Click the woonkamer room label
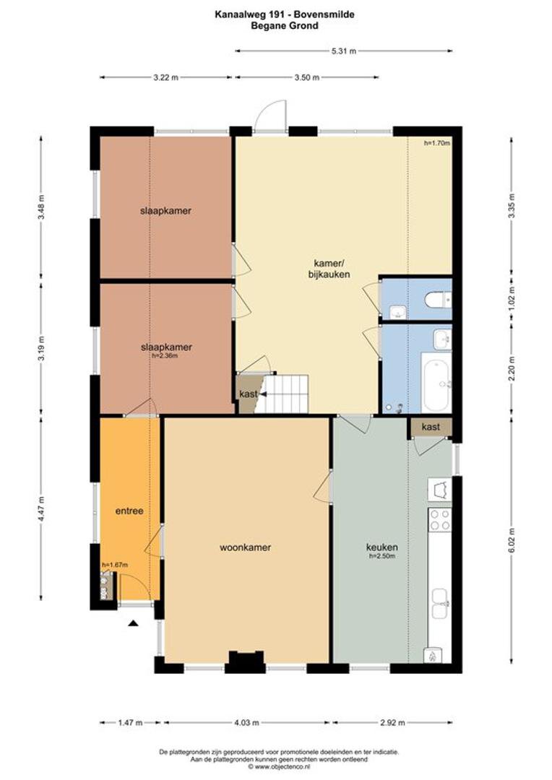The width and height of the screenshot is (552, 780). point(246,547)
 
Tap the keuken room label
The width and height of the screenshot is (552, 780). point(382,547)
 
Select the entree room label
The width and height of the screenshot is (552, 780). point(129,511)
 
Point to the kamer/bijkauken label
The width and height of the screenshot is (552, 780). point(329,268)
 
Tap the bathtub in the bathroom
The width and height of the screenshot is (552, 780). point(436,381)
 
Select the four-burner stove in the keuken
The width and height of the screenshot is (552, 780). point(440,520)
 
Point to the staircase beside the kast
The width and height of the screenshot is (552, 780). point(283,394)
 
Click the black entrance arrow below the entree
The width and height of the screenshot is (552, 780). point(133,623)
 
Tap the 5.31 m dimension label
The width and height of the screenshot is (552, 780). point(344,51)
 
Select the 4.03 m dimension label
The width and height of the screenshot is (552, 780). point(247,722)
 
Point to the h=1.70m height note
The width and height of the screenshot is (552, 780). point(437,143)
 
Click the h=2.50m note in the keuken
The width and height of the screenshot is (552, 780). point(382,556)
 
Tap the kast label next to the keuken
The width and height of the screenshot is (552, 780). point(431,427)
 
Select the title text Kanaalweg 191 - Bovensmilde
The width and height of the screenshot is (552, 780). point(285,15)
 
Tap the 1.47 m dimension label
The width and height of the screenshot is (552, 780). point(130,722)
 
